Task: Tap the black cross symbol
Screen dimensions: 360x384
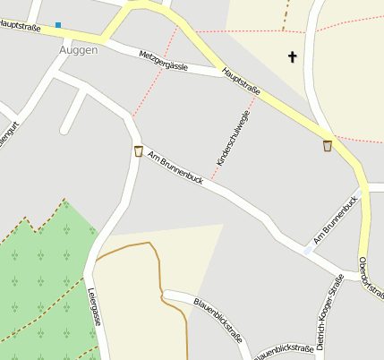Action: [292, 57]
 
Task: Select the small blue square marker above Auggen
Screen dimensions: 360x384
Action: [58, 25]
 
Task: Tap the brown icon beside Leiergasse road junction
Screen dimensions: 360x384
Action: [138, 150]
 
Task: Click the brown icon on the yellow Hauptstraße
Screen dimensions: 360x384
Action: [328, 145]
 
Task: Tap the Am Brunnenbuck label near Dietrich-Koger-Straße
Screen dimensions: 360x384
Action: [335, 220]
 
